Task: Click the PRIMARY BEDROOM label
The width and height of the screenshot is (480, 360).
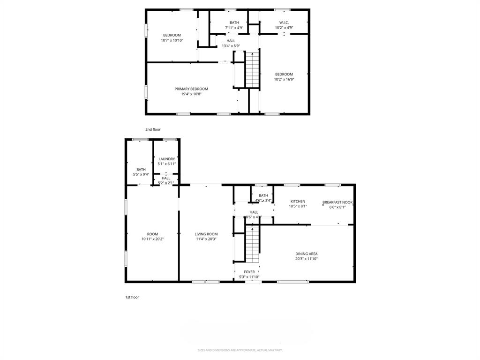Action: point(191,89)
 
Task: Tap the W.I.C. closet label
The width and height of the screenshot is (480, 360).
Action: point(284,22)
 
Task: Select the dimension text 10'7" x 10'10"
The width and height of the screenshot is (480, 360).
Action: point(172,40)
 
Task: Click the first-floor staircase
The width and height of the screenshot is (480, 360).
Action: point(252,244)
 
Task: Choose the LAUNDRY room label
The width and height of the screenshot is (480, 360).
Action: point(166,159)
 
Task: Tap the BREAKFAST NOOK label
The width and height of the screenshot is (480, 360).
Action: point(337,202)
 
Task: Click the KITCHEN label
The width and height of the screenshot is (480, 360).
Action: point(298,201)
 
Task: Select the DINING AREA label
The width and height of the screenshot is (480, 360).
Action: point(306,254)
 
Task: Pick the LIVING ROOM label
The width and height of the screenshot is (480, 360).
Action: point(206,234)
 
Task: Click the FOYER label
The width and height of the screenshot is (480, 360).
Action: point(249,272)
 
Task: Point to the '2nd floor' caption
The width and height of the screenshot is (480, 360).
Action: point(153,129)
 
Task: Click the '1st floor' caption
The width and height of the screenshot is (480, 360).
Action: point(132,297)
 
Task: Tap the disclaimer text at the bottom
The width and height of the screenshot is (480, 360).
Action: point(240,350)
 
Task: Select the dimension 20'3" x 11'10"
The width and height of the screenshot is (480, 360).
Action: point(306,259)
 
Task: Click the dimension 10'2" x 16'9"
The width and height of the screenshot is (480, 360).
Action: point(284,79)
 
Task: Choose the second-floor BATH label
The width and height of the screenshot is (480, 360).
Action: point(234,22)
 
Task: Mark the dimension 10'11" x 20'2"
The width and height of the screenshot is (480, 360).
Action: point(152,239)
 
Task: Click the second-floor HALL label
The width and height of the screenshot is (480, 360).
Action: point(231,41)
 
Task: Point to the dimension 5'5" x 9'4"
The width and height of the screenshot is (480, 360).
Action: point(141,174)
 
